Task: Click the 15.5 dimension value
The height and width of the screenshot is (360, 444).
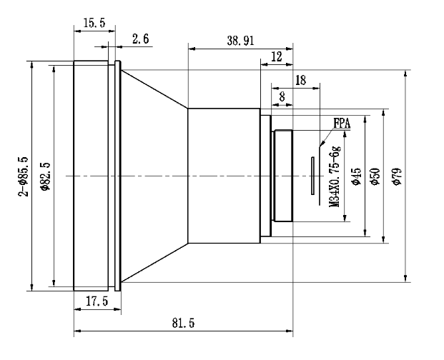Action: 94,23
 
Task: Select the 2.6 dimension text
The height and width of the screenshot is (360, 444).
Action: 140,39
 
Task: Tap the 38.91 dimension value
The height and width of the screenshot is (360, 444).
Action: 240,41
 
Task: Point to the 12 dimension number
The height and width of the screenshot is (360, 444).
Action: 277,57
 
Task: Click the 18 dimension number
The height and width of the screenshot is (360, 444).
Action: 301,80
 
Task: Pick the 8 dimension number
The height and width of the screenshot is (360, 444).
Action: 282,97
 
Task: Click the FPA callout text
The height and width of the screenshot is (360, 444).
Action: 342,124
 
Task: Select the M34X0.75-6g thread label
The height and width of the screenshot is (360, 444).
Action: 335,176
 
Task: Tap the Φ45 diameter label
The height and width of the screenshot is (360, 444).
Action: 356,176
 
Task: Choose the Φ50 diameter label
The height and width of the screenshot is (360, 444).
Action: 375,176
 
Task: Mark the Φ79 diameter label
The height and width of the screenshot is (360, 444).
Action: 398,176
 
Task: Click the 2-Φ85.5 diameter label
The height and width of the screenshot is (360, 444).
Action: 24,176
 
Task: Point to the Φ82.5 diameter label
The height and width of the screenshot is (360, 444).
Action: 45,176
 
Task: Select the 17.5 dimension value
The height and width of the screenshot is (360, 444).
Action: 97,301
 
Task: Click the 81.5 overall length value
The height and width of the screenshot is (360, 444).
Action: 184,323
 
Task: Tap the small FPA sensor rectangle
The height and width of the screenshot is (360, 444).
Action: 312,176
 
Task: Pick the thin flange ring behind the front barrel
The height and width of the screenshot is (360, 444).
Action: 118,176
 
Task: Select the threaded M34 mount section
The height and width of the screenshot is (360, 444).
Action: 283,176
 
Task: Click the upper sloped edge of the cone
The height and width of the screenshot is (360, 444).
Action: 154,89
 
